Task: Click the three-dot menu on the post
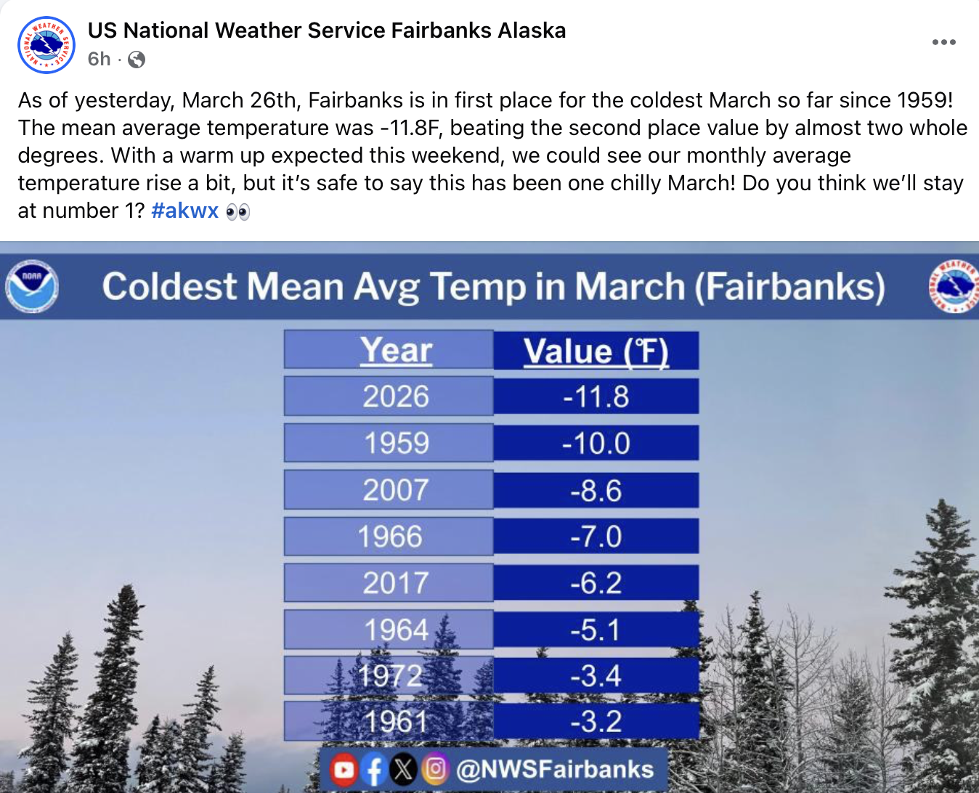point(944,42)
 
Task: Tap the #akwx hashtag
point(184,211)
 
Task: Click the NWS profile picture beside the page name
point(46,45)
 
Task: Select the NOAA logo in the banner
point(32,286)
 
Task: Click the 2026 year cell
point(389,396)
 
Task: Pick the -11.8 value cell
point(596,396)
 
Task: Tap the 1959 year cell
point(389,443)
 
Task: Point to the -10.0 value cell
point(596,443)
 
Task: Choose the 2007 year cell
point(389,489)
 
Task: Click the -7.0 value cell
point(596,536)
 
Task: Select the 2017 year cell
point(389,582)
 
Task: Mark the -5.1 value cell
point(596,630)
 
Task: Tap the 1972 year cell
point(389,675)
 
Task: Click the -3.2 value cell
point(596,721)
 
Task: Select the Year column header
point(389,349)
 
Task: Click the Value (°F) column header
point(596,351)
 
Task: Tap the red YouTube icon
point(344,769)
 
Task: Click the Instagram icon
point(435,768)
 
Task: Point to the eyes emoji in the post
point(238,212)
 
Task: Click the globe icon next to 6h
point(136,60)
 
